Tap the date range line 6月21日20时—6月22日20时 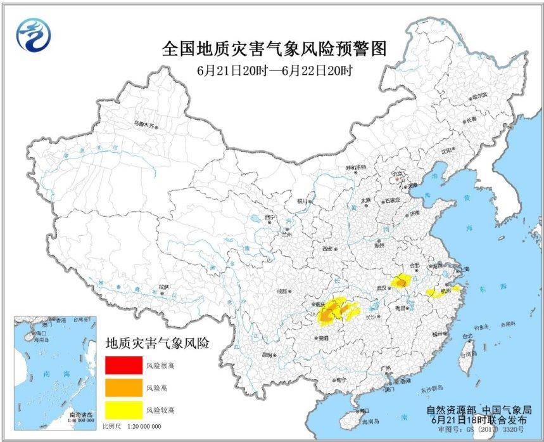274,70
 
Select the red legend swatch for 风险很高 124,366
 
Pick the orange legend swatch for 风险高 124,387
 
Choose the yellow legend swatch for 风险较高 124,410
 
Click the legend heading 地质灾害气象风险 158,344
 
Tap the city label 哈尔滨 479,96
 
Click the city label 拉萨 163,287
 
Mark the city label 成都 280,292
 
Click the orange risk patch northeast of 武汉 401,280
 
